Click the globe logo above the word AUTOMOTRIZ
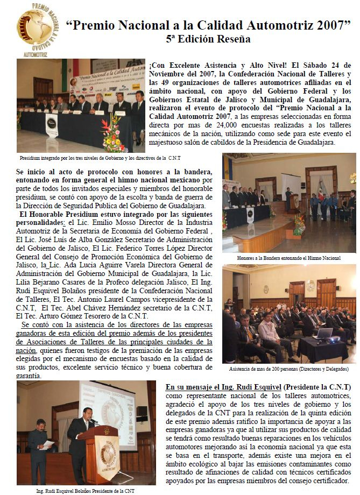pyautogui.click(x=38, y=29)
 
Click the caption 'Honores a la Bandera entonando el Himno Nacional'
pyautogui.click(x=288, y=258)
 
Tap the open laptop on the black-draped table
pyautogui.click(x=324, y=334)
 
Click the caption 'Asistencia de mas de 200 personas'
pyautogui.click(x=288, y=369)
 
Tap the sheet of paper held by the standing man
pyautogui.click(x=48, y=444)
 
